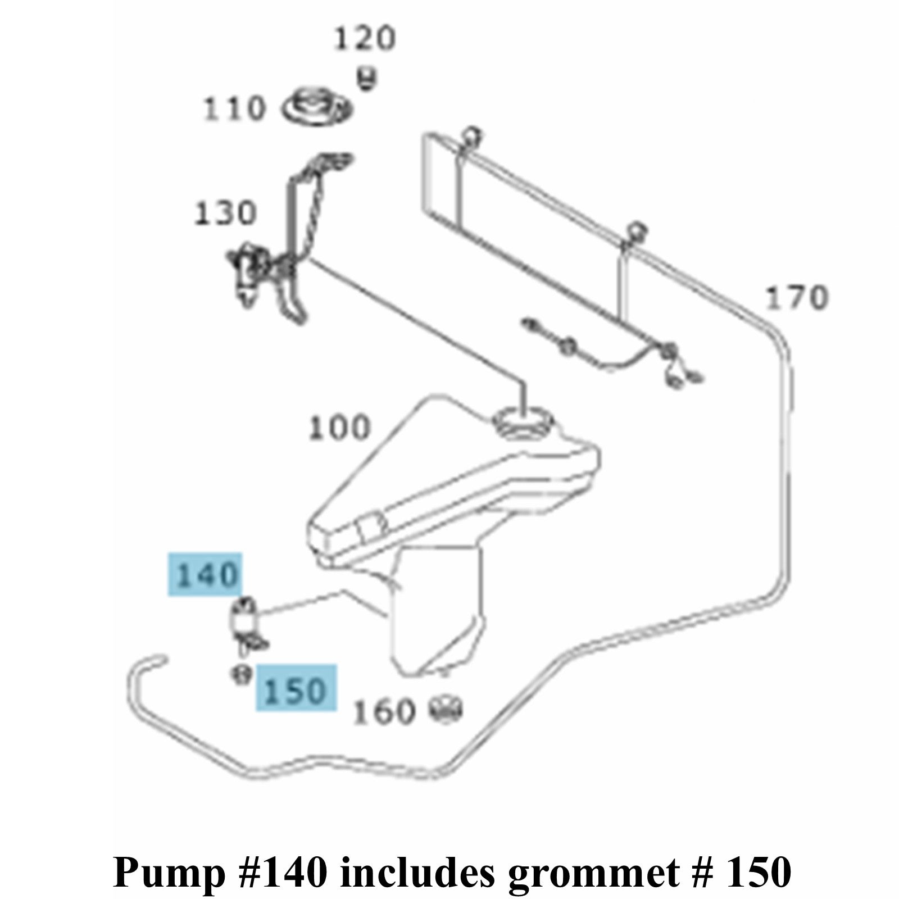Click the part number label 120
click(365, 39)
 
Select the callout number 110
click(234, 108)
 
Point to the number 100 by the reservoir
click(340, 428)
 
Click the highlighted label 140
click(206, 574)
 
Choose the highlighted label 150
click(296, 689)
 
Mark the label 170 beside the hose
click(797, 298)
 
